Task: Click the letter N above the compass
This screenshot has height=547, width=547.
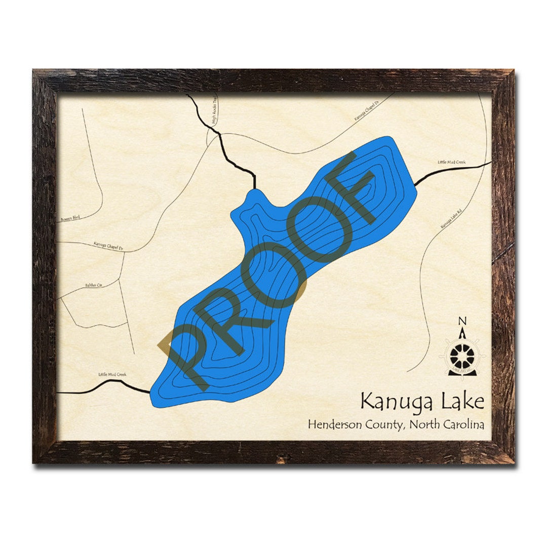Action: tap(462, 321)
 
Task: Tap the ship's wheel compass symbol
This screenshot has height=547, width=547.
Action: tap(462, 356)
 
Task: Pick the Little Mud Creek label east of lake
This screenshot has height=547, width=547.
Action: tap(451, 162)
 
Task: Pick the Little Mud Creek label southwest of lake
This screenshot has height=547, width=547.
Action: tap(112, 375)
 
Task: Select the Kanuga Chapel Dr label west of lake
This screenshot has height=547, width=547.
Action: tap(108, 245)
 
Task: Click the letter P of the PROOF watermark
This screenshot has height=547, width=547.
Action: tap(187, 349)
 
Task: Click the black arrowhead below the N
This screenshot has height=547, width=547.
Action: tap(462, 333)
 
